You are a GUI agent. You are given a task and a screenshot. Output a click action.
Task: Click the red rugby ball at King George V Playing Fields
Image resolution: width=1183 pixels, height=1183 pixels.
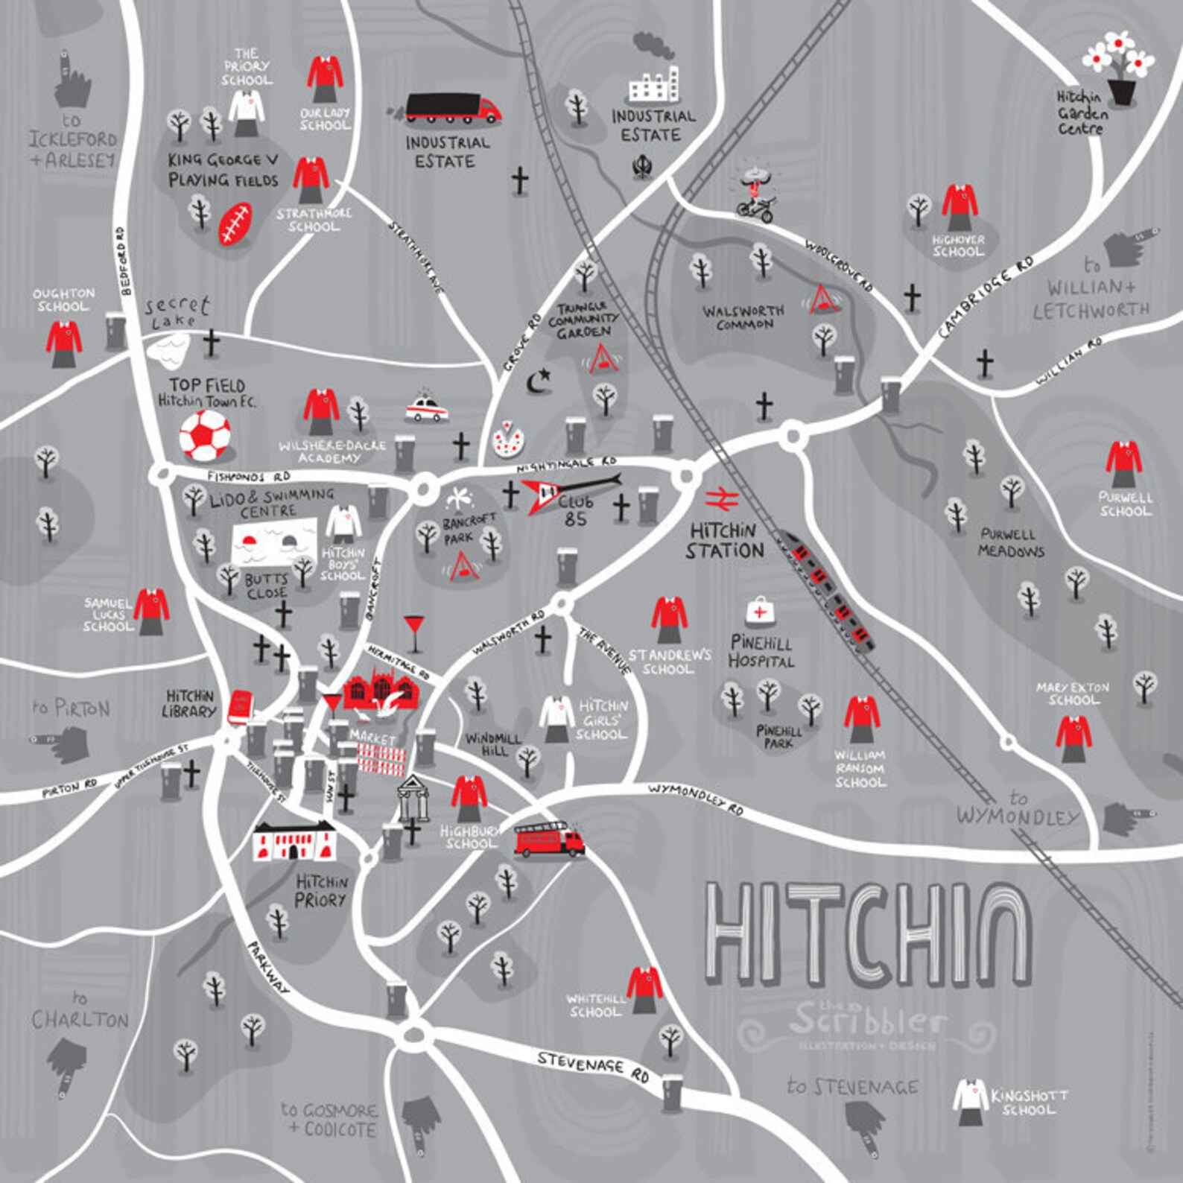(235, 223)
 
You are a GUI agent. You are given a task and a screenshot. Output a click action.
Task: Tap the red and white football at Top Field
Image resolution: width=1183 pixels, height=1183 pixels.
(205, 436)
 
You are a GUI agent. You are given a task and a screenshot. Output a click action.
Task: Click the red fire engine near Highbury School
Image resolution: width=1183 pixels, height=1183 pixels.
(549, 840)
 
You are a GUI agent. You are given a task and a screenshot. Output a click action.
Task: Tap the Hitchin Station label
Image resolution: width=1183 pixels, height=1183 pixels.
(725, 541)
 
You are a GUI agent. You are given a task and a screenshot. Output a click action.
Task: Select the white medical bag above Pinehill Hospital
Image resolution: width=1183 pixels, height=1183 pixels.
(760, 612)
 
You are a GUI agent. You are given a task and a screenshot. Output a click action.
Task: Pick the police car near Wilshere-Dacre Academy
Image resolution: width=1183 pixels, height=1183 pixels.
(427, 409)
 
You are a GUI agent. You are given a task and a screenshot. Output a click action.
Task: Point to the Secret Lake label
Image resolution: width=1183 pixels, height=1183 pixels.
(176, 311)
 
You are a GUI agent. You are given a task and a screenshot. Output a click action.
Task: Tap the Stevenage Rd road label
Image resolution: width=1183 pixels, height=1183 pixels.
(593, 1066)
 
